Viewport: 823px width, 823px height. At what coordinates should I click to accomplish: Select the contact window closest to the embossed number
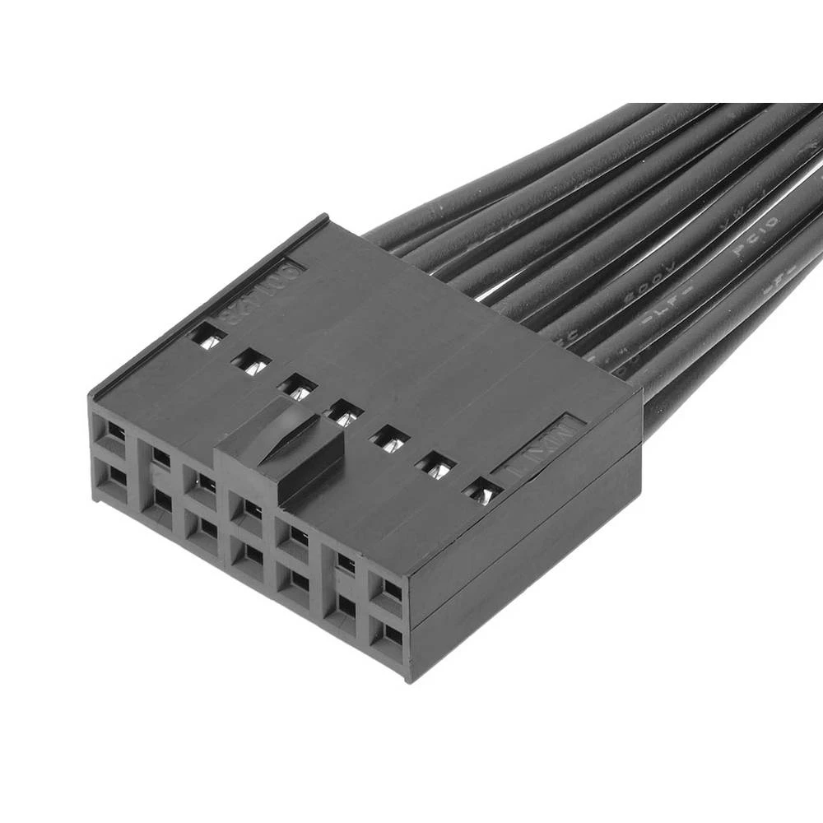tap(207, 335)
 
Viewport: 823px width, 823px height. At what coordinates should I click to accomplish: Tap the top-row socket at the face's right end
tap(387, 589)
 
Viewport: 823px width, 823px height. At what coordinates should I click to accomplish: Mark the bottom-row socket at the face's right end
tap(387, 635)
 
